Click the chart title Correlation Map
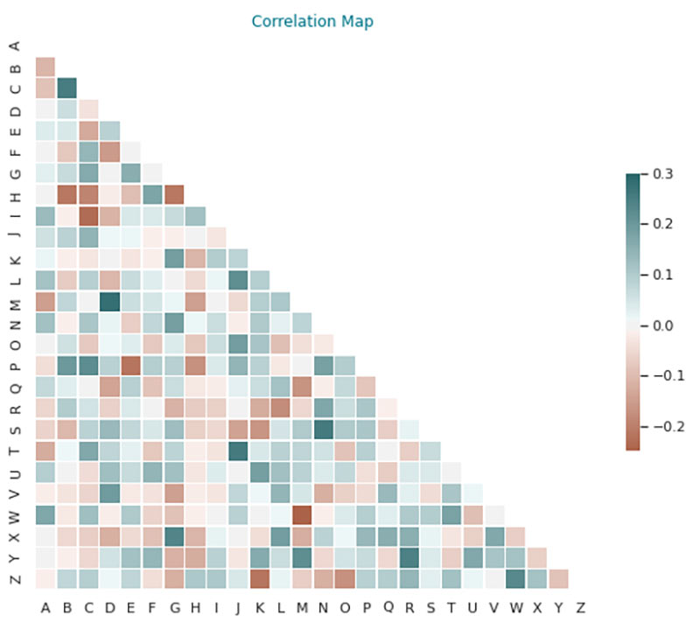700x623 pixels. coord(312,21)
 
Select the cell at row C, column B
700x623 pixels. coord(66,87)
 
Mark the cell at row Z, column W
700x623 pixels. coord(516,578)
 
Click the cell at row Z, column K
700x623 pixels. coord(259,578)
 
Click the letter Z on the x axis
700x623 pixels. coord(580,605)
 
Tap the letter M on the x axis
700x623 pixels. coord(303,605)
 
